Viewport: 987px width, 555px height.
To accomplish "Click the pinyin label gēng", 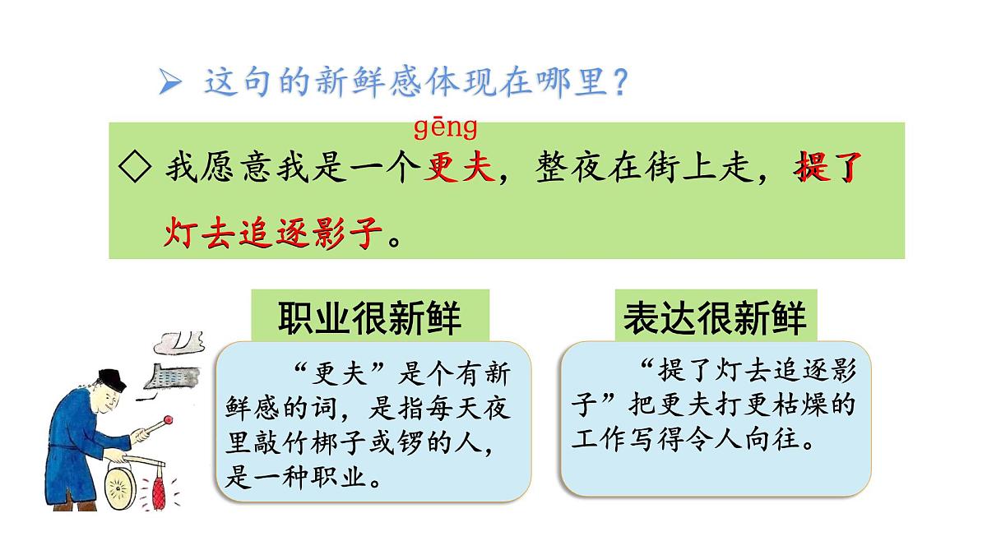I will (445, 128).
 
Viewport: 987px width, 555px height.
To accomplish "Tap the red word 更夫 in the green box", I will (459, 169).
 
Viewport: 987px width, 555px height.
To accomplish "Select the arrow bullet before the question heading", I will (170, 82).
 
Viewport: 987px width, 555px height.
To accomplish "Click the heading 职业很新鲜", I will (369, 317).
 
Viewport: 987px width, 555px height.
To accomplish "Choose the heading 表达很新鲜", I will (715, 317).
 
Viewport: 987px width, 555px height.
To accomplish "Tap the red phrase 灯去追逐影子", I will (273, 234).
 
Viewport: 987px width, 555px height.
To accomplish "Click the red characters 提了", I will (827, 169).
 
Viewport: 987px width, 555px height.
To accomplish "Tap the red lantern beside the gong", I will (159, 490).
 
